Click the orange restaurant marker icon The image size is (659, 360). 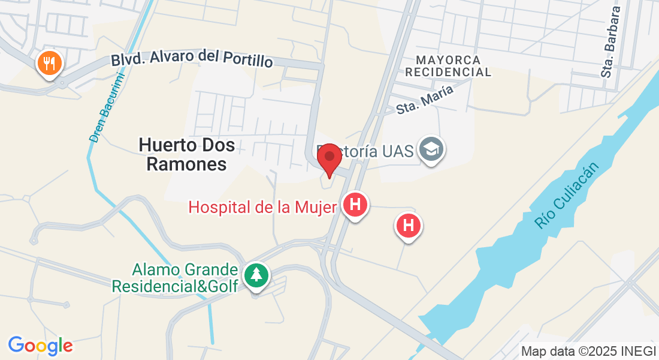[50, 62]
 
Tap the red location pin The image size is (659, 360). [329, 158]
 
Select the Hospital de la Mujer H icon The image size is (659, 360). [355, 205]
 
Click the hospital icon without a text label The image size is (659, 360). [409, 226]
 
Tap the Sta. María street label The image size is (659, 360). [425, 99]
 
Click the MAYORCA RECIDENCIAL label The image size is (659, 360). [448, 66]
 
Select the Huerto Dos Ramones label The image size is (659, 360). [187, 154]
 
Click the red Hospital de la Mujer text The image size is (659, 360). [262, 207]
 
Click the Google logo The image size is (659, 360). [40, 346]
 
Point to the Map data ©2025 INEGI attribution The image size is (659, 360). [588, 351]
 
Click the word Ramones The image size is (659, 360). [187, 164]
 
